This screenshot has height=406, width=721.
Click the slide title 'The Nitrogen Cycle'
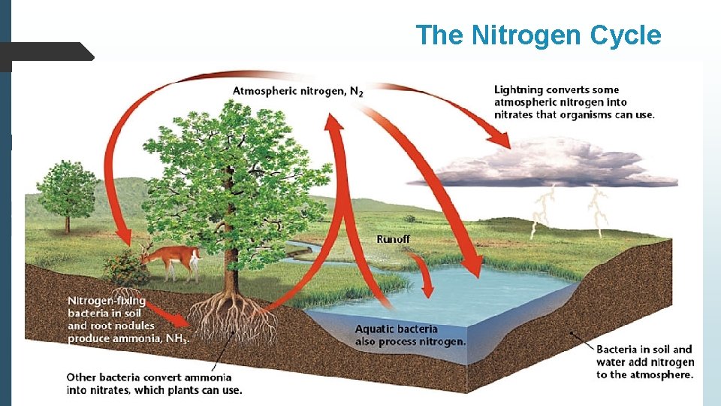(538, 35)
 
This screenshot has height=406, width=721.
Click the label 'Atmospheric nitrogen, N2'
(298, 92)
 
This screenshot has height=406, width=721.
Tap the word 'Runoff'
(394, 239)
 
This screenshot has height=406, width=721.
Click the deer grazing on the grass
(172, 259)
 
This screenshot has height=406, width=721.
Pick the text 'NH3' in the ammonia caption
(177, 338)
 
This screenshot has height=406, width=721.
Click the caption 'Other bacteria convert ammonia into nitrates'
(154, 383)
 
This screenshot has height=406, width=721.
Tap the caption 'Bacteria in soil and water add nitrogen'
(644, 362)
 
